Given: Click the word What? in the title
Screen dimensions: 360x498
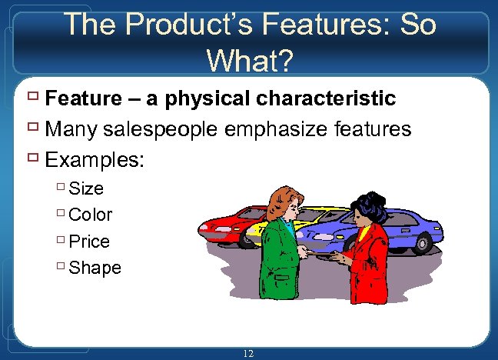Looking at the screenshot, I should [x=249, y=58].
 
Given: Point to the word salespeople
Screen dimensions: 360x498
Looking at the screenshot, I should [x=178, y=129].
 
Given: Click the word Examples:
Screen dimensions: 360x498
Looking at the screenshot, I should [x=95, y=160].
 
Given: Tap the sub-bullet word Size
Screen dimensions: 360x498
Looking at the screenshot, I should [x=86, y=188].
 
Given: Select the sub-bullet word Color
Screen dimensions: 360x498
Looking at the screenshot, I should [x=91, y=215].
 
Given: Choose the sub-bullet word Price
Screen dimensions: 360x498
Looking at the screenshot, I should [x=89, y=242].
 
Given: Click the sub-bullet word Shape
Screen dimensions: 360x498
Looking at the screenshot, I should [x=95, y=268].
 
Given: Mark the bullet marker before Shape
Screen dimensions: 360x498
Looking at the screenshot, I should [x=60, y=268].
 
